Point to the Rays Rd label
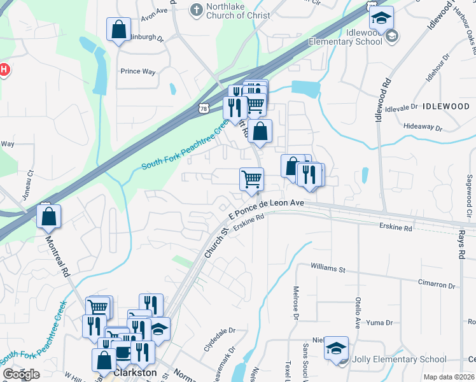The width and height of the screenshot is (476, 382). click(459, 244)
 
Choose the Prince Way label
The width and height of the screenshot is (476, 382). click(138, 71)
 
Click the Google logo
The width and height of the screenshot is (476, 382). click(21, 374)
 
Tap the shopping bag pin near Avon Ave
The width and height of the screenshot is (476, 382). click(118, 29)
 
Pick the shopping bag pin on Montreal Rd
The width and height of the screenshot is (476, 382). click(49, 217)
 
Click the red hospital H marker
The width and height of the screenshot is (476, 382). click(4, 69)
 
